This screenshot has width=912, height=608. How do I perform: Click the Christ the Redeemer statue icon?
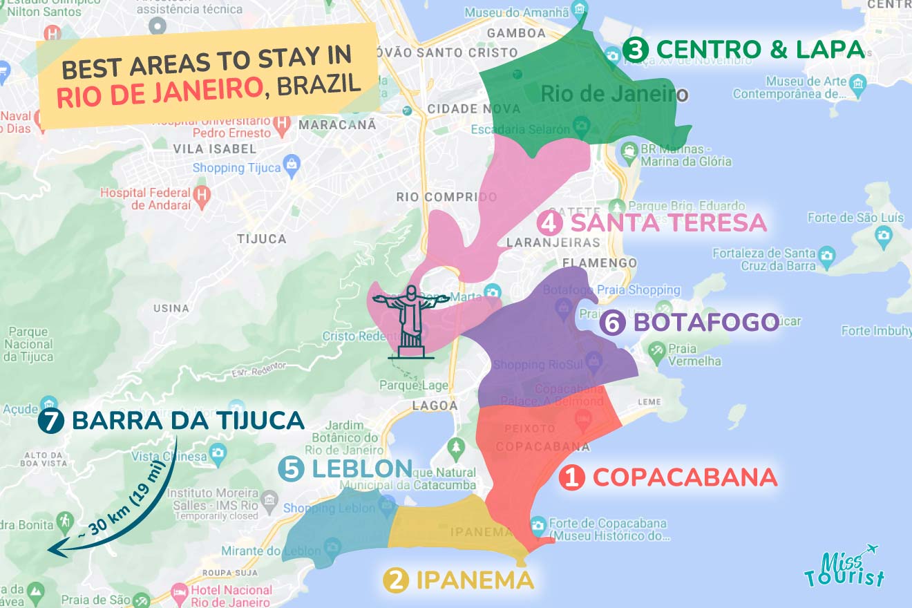pos(411,321)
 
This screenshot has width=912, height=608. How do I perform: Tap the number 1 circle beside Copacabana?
pos(571,477)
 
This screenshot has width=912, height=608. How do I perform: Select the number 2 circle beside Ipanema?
pos(395,580)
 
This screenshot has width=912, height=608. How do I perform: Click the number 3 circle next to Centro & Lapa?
pos(634,50)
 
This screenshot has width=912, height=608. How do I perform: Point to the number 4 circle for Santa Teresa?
pos(549,223)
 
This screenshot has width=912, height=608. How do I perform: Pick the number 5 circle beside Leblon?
pos(291,469)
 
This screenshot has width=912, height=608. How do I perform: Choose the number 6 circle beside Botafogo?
pos(612,323)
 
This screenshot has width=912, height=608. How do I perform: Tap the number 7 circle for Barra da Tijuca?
pos(50,421)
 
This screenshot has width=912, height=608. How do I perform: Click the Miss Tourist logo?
pos(844,568)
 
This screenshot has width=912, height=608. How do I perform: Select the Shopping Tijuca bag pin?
pos(292,164)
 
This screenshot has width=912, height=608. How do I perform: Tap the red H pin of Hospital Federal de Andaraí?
pos(201,193)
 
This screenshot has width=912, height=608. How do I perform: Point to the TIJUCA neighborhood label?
pos(261,238)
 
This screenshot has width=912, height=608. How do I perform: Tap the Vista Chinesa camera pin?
pos(218,453)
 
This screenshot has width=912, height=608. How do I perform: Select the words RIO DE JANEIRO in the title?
pos(159,91)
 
